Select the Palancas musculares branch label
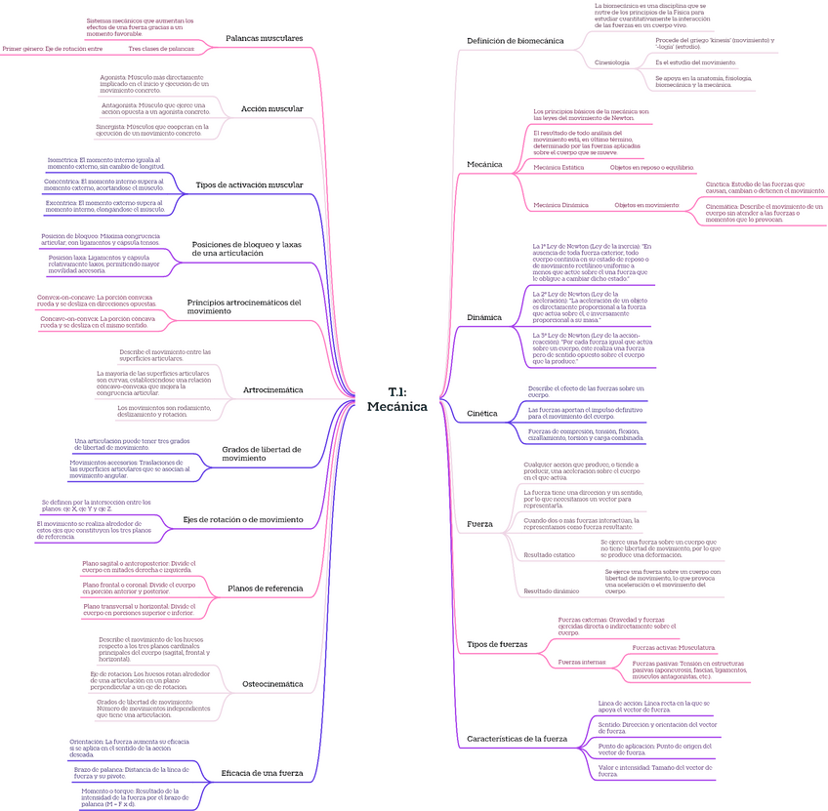click(264, 38)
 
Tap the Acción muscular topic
click(271, 108)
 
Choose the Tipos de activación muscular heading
click(249, 184)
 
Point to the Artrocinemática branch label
click(272, 389)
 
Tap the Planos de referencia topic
click(265, 588)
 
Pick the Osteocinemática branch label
click(272, 684)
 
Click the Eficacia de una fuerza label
click(263, 773)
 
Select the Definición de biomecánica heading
click(515, 41)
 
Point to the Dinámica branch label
click(484, 317)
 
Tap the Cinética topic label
click(482, 413)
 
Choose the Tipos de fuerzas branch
click(497, 645)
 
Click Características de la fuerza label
click(517, 739)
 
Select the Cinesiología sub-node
click(612, 62)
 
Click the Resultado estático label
click(549, 554)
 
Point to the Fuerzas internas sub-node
click(579, 662)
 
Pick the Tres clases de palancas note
click(161, 48)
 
